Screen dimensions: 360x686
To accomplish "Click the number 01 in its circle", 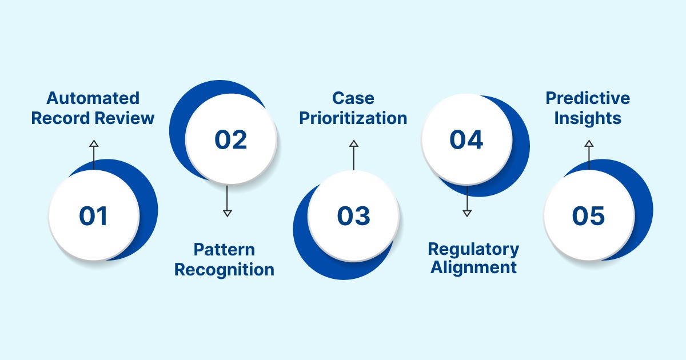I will [x=93, y=217].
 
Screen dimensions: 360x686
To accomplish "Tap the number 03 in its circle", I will [x=353, y=217].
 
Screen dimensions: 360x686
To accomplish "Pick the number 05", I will [x=588, y=217].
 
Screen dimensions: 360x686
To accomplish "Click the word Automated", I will [x=93, y=98].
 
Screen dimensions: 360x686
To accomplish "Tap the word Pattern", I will [x=224, y=250].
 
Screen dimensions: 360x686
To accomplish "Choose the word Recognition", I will [x=224, y=269].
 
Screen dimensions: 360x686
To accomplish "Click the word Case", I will [x=353, y=98].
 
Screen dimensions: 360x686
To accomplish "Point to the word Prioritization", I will [x=353, y=118].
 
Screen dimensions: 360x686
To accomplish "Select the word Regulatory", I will [x=473, y=249].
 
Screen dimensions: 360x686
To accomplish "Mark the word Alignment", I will [x=473, y=267].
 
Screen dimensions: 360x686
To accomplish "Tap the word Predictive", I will [x=588, y=98].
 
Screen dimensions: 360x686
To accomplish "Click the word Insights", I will [x=588, y=118].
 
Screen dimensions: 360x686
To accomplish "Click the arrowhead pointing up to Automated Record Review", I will [x=94, y=144].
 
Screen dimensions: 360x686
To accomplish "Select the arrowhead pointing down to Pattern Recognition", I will [x=227, y=213].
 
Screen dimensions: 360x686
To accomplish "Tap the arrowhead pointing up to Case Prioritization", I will [x=353, y=144].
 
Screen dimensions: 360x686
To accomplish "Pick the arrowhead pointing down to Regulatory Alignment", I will [x=466, y=213].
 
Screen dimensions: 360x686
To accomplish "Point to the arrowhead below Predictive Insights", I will [x=589, y=144].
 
